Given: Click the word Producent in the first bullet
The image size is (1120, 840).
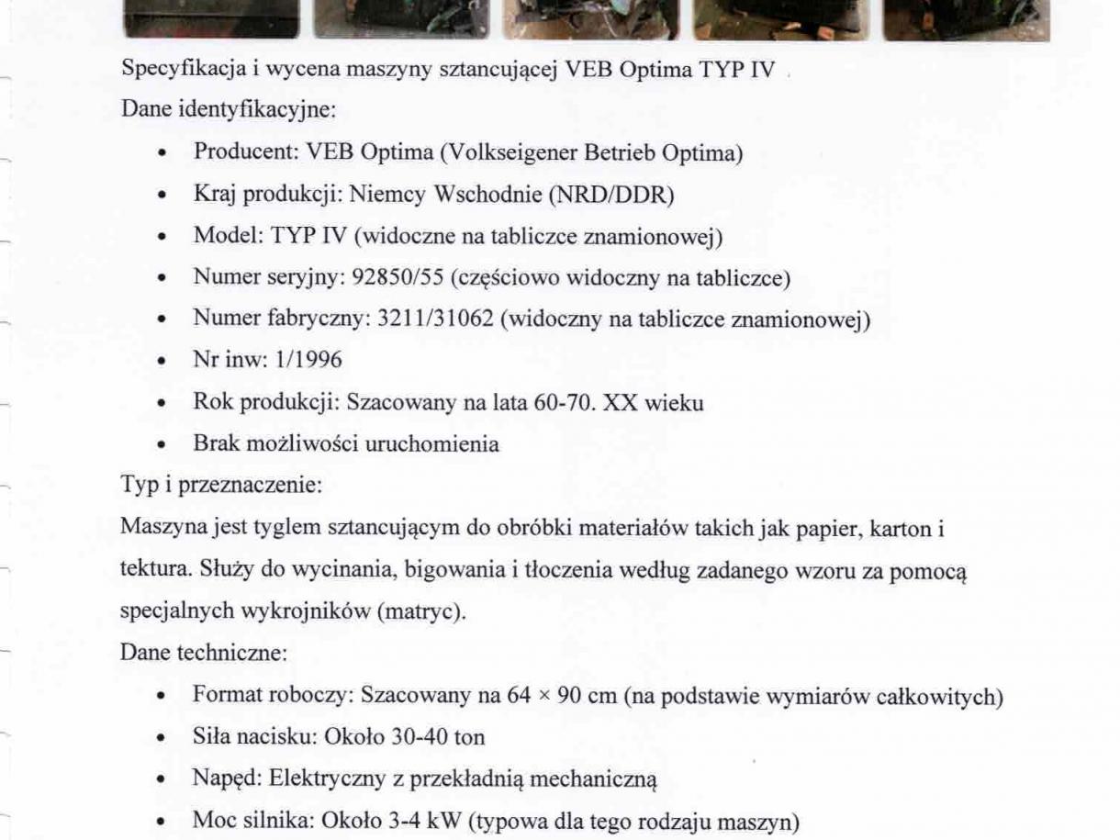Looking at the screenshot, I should pyautogui.click(x=237, y=152).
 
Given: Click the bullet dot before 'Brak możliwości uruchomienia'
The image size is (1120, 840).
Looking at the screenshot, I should pyautogui.click(x=162, y=445).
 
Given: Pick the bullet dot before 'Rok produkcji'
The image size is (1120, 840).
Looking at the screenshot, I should pyautogui.click(x=162, y=403).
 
